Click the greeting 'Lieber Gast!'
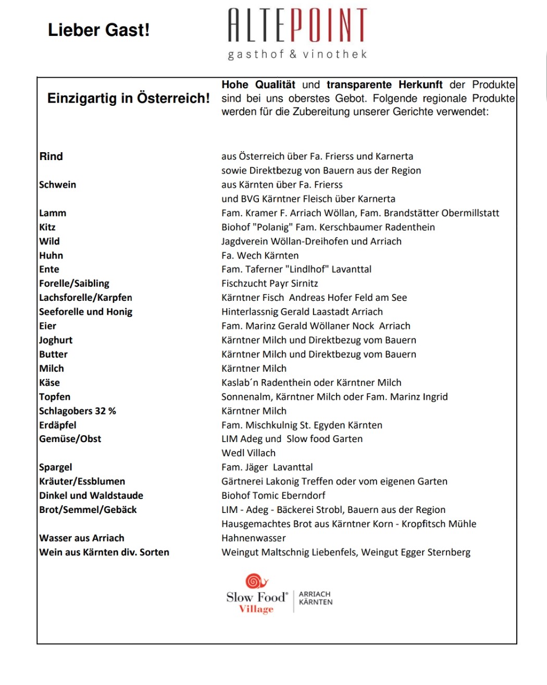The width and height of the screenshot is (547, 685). pyautogui.click(x=98, y=30)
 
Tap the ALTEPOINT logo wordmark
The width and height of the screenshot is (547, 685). pyautogui.click(x=297, y=25)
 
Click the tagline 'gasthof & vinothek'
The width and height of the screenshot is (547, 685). pyautogui.click(x=297, y=54)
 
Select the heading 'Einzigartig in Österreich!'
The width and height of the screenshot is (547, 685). pyautogui.click(x=128, y=98)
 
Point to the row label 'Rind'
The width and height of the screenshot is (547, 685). pyautogui.click(x=51, y=156)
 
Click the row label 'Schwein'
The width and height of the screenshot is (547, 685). pyautogui.click(x=57, y=185)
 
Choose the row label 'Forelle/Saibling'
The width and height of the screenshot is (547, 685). pyautogui.click(x=74, y=284)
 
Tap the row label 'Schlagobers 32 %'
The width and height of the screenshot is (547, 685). pyautogui.click(x=77, y=411)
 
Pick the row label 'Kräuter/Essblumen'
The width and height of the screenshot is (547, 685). pyautogui.click(x=82, y=481)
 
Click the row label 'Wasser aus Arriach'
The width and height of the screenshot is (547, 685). pyautogui.click(x=81, y=538)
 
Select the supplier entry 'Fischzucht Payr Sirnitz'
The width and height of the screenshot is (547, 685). pyautogui.click(x=269, y=284)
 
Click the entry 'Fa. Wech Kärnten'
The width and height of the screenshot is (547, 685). pyautogui.click(x=260, y=255)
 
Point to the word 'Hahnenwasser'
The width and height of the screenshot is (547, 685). pyautogui.click(x=253, y=538)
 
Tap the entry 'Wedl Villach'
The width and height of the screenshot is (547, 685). pyautogui.click(x=248, y=453)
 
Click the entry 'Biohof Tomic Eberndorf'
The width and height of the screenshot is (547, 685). pyautogui.click(x=273, y=495)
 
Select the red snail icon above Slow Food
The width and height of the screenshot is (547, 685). pyautogui.click(x=256, y=581)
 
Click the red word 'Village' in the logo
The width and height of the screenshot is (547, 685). pyautogui.click(x=256, y=609)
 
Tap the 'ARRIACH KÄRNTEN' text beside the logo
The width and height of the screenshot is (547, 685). pyautogui.click(x=315, y=598)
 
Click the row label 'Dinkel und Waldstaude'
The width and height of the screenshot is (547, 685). pyautogui.click(x=91, y=495)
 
